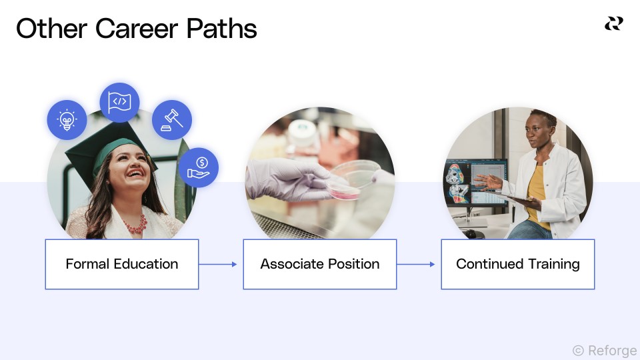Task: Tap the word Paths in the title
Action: (x=221, y=29)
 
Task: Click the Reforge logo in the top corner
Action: (x=613, y=24)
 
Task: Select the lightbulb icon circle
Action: (x=67, y=120)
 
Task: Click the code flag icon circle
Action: (x=119, y=102)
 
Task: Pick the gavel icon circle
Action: (x=172, y=120)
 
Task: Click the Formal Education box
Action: (x=122, y=264)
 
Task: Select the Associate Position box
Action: (x=320, y=264)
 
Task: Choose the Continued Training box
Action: (x=518, y=264)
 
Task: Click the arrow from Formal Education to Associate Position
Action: (x=218, y=264)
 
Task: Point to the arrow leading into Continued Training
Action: (x=416, y=264)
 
